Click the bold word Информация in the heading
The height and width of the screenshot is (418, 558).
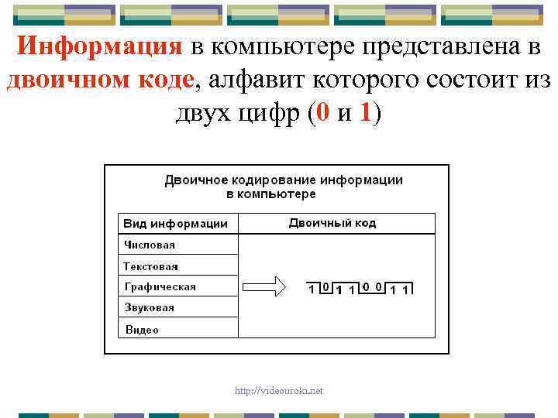pos(99,46)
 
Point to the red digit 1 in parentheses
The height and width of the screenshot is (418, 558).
pos(367,113)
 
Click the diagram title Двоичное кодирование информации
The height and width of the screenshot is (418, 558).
pos(284,180)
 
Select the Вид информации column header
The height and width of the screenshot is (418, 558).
pos(176,224)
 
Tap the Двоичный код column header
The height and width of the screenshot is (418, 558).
pos(332,223)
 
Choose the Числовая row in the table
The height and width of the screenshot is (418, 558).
pos(150,245)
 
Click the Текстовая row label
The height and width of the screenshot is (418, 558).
pos(151,266)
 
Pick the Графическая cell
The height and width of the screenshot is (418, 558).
pos(160,286)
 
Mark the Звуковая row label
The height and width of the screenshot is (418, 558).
pos(150,307)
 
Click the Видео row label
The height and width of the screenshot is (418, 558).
pos(142,329)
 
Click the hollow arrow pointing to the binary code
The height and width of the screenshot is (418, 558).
pos(266,288)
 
